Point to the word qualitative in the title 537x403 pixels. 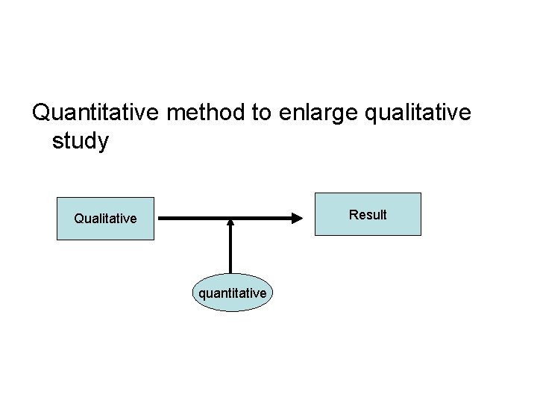pyautogui.click(x=426, y=113)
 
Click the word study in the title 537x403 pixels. pyautogui.click(x=81, y=141)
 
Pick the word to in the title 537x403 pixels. pyautogui.click(x=262, y=113)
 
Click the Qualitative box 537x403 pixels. pyautogui.click(x=105, y=219)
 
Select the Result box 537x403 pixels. pyautogui.click(x=368, y=214)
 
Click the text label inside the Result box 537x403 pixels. pyautogui.click(x=368, y=215)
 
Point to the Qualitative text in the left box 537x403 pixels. pyautogui.click(x=105, y=219)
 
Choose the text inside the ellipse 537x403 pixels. pyautogui.click(x=232, y=293)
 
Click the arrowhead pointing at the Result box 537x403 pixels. pyautogui.click(x=297, y=219)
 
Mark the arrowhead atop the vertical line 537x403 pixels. pyautogui.click(x=230, y=222)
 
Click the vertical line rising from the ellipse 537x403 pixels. pyautogui.click(x=230, y=250)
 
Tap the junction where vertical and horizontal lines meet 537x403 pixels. pyautogui.click(x=230, y=219)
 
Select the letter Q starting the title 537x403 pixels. pyautogui.click(x=43, y=113)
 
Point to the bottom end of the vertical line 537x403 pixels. pyautogui.click(x=230, y=273)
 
